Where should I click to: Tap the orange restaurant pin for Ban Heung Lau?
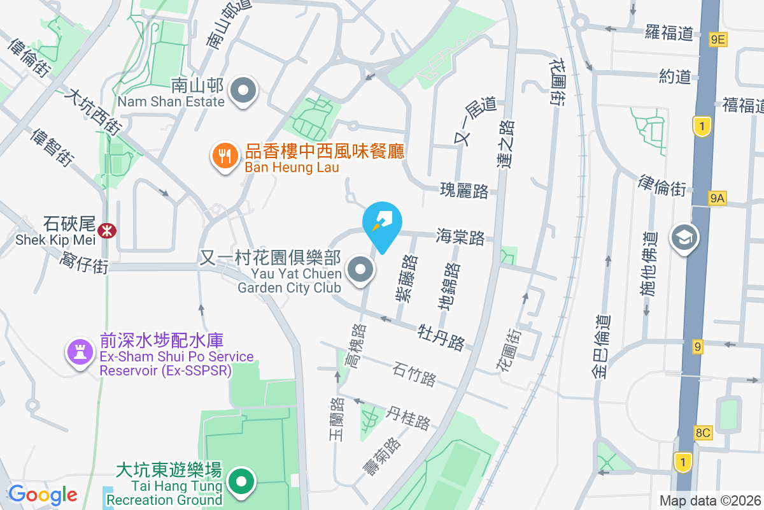point(224,155)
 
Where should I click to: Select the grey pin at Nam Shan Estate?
point(243,90)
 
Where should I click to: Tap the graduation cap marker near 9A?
point(684,238)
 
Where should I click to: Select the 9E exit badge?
point(718,40)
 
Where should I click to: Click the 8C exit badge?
point(703,433)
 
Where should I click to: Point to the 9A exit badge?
point(717,198)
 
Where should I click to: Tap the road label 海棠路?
point(460,237)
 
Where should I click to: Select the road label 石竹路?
point(414,374)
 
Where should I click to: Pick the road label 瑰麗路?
point(464,190)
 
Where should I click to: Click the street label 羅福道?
point(668,32)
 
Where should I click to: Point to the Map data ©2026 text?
point(710,500)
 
